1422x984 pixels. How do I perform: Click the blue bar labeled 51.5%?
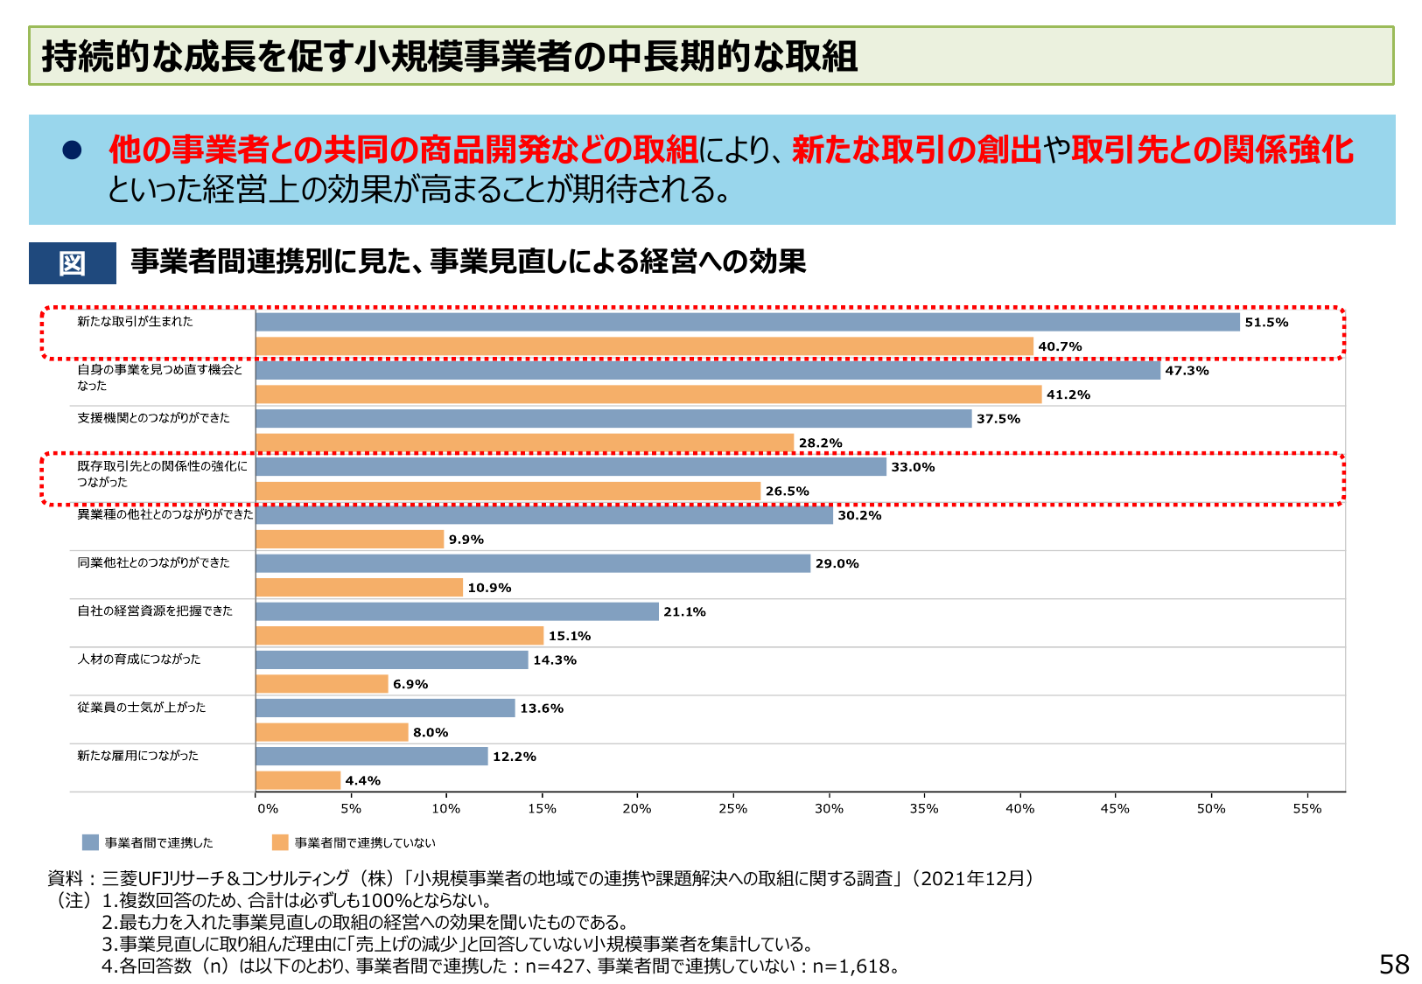(x=747, y=322)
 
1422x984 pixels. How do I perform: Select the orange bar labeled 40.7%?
(x=644, y=346)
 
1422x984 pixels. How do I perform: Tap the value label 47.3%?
(x=1187, y=371)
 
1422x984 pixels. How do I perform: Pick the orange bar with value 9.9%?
(x=349, y=540)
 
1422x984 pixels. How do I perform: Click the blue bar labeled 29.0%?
(x=533, y=563)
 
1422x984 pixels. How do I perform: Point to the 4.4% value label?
(x=362, y=781)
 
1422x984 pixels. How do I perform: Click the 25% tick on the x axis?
(x=732, y=809)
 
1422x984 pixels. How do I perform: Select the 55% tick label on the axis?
(x=1306, y=809)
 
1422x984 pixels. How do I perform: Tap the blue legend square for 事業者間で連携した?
(x=90, y=842)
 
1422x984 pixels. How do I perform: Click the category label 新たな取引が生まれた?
(x=135, y=322)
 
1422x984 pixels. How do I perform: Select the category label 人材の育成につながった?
(x=138, y=659)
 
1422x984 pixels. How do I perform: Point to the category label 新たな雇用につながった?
(x=137, y=756)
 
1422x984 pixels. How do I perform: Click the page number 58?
(x=1393, y=964)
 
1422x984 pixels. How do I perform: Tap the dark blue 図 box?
(x=72, y=263)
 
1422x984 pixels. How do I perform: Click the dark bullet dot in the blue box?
(x=72, y=150)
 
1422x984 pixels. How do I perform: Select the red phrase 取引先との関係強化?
(x=1212, y=150)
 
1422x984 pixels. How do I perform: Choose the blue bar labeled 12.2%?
(x=371, y=757)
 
